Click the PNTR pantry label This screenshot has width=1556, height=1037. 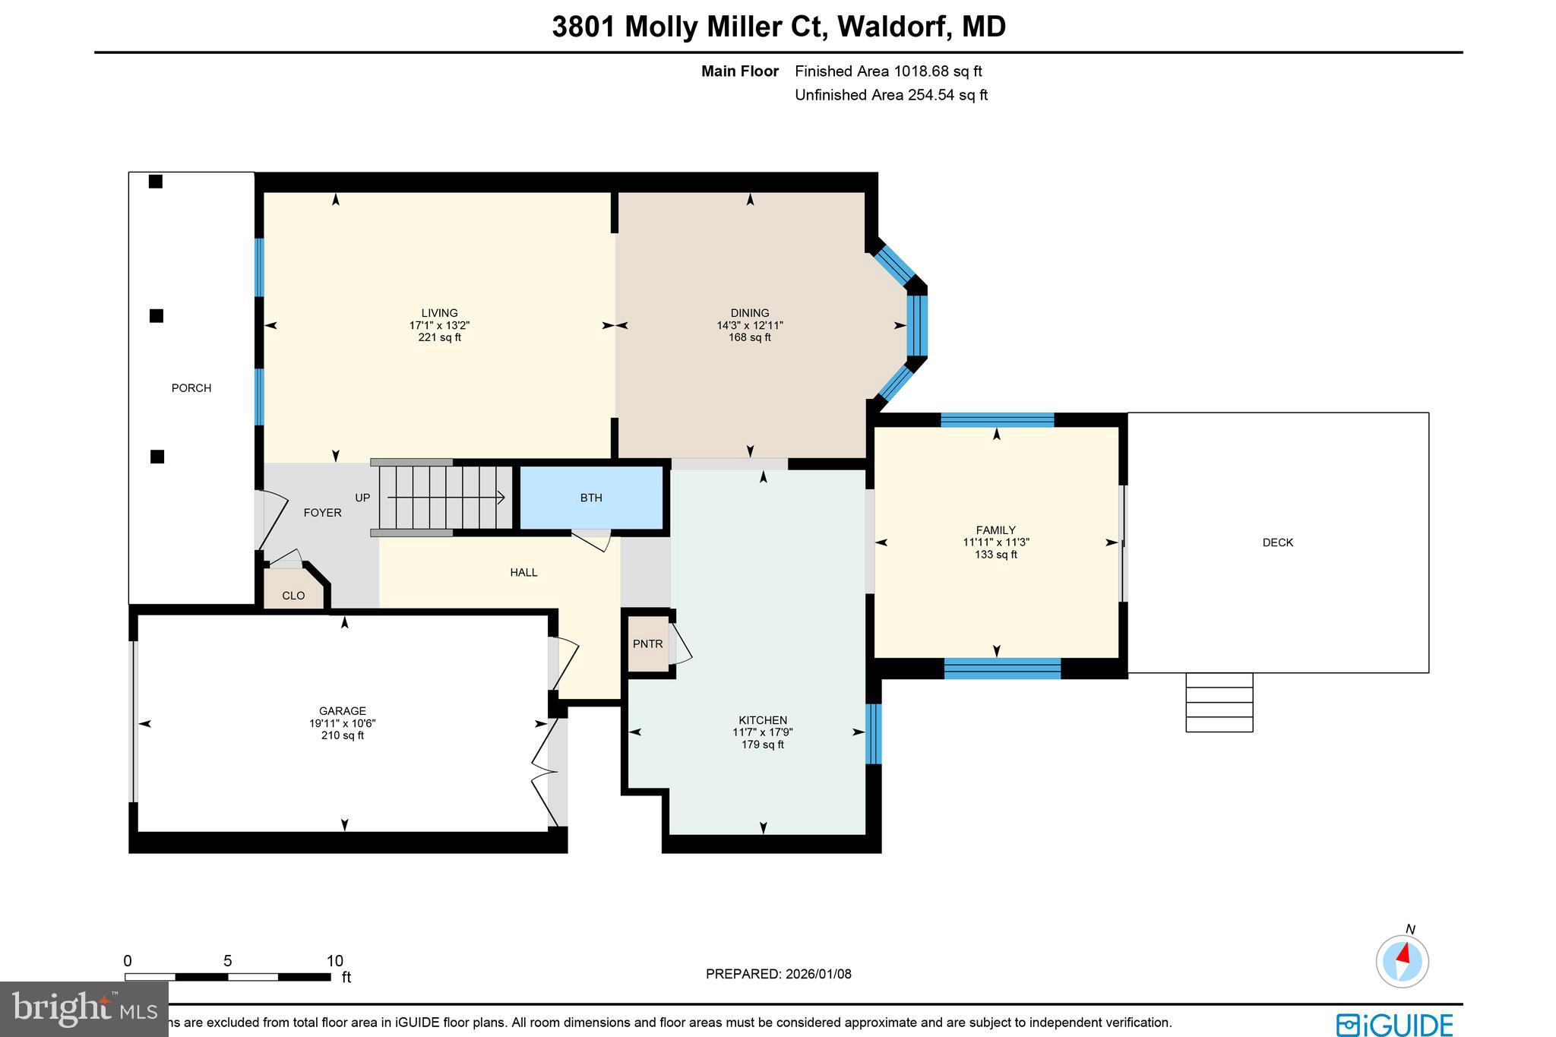pyautogui.click(x=647, y=644)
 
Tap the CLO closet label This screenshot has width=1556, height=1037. pyautogui.click(x=293, y=596)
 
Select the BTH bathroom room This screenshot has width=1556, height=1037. pyautogui.click(x=591, y=498)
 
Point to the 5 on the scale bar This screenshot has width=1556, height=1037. pyautogui.click(x=227, y=961)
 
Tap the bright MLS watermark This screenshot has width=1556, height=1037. pyautogui.click(x=84, y=1009)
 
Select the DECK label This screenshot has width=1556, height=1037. pyautogui.click(x=1277, y=542)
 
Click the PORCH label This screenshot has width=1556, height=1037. pyautogui.click(x=191, y=388)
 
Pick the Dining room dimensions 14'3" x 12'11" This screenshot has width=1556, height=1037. pyautogui.click(x=750, y=325)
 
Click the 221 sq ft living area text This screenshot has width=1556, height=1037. pyautogui.click(x=439, y=337)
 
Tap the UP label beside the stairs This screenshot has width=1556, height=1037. pyautogui.click(x=362, y=498)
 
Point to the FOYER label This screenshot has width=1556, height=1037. pyautogui.click(x=322, y=513)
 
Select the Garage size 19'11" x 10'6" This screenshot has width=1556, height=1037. pyautogui.click(x=343, y=724)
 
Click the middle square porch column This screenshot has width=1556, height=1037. pyautogui.click(x=157, y=316)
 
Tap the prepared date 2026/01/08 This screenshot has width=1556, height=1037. pyautogui.click(x=778, y=974)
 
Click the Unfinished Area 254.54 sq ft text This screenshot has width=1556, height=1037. pyautogui.click(x=890, y=95)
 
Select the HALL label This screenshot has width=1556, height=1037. pyautogui.click(x=523, y=573)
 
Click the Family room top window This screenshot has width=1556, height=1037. pyautogui.click(x=997, y=420)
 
